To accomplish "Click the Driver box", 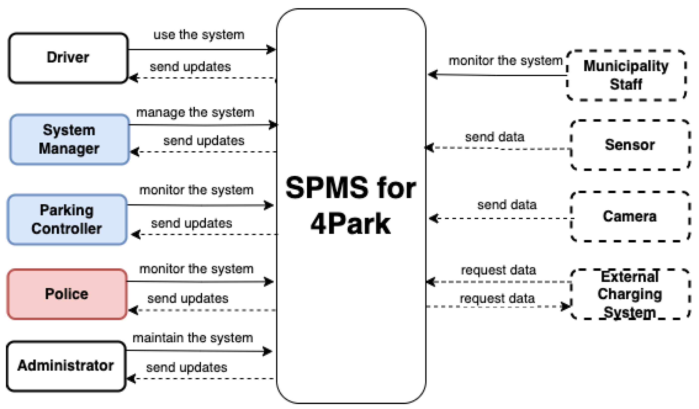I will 68,58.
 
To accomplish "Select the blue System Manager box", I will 69,139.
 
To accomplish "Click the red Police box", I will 66,294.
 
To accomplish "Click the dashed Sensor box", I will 629,145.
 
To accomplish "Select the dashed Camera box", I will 629,216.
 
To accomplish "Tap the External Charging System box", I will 629,294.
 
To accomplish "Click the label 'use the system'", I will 199,35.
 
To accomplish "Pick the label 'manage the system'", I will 195,113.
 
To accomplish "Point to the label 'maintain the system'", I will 192,338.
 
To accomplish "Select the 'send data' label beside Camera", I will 507,205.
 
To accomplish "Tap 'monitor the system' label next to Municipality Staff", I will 505,61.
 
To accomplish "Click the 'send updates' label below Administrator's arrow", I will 186,368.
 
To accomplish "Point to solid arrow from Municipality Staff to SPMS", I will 496,75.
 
